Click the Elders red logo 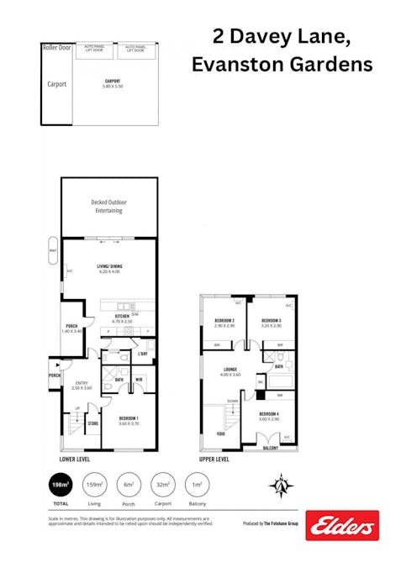pyautogui.click(x=341, y=525)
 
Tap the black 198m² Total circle pyautogui.click(x=61, y=486)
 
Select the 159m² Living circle pyautogui.click(x=96, y=486)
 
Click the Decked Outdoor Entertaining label pyautogui.click(x=108, y=207)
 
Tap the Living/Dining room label pyautogui.click(x=117, y=269)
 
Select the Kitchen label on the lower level pyautogui.click(x=122, y=318)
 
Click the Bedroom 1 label pyautogui.click(x=128, y=420)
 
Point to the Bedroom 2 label pyautogui.click(x=224, y=322)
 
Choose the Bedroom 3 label pyautogui.click(x=270, y=322)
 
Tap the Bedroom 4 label pyautogui.click(x=269, y=415)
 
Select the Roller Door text pyautogui.click(x=55, y=48)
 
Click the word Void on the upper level pyautogui.click(x=220, y=434)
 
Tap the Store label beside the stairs pyautogui.click(x=93, y=424)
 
